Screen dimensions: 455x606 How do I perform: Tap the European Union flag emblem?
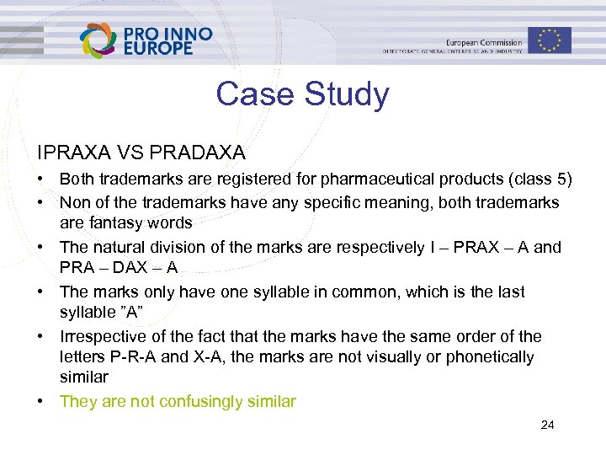point(550,40)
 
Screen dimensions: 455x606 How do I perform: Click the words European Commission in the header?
point(483,42)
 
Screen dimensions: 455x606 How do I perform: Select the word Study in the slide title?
point(346,94)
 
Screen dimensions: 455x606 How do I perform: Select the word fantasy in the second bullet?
point(117,223)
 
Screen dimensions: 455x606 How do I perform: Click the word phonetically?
point(487,357)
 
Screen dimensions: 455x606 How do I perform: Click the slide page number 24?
point(547,425)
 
